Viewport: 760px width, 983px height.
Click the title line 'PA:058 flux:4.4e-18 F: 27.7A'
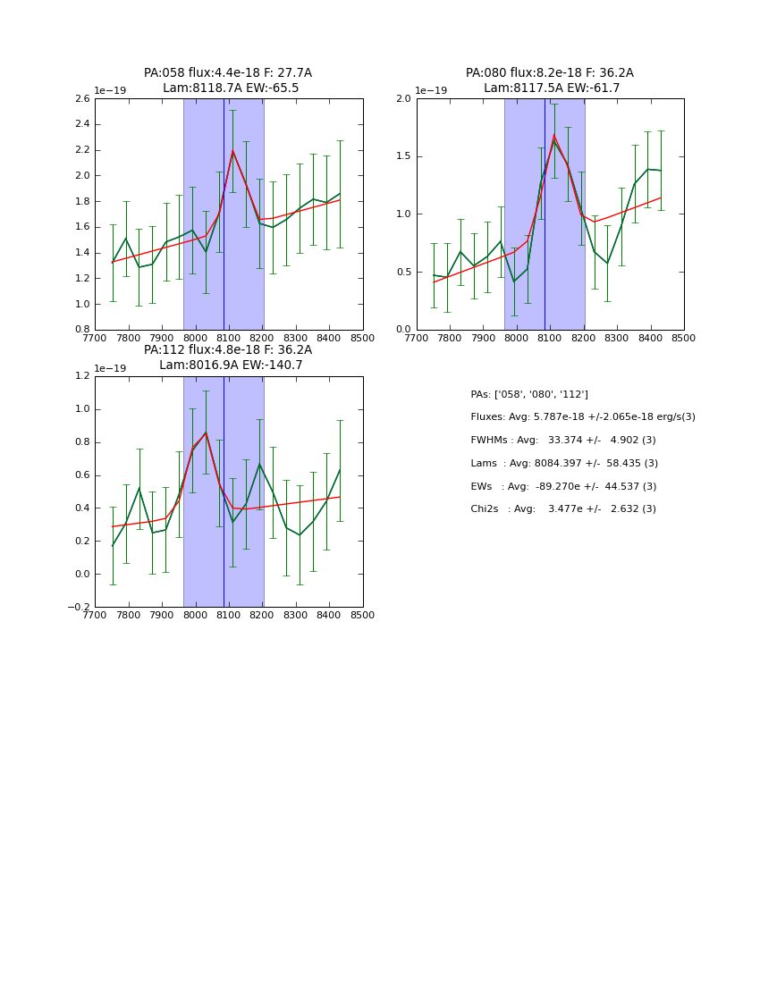[x=228, y=73]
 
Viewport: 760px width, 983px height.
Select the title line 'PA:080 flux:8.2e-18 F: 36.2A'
[x=549, y=73]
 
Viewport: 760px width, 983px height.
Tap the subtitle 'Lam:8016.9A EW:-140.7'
[x=231, y=365]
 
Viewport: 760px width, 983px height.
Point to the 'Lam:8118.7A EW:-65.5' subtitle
[x=231, y=88]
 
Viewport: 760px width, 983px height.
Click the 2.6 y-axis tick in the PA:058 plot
[x=81, y=98]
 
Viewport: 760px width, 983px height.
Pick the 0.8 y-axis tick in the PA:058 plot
[x=81, y=330]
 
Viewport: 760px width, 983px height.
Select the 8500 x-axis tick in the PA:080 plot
[x=683, y=339]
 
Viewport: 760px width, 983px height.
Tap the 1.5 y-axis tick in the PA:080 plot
[x=403, y=156]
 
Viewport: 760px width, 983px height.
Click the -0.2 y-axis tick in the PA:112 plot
[x=79, y=608]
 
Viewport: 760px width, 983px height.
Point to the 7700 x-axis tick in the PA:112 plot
[x=95, y=616]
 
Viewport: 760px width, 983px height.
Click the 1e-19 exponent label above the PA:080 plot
[x=430, y=90]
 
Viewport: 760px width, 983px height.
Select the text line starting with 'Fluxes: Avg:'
[x=582, y=417]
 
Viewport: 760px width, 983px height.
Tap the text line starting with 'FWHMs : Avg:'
[x=562, y=441]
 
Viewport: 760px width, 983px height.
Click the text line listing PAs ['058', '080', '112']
[x=528, y=394]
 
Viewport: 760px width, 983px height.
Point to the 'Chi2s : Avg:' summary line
[x=562, y=509]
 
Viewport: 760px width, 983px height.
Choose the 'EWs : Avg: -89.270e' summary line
[x=562, y=486]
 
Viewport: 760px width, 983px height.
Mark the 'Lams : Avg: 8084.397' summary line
[x=563, y=463]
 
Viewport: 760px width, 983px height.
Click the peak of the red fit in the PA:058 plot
[x=232, y=150]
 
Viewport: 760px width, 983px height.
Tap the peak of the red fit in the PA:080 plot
[x=553, y=136]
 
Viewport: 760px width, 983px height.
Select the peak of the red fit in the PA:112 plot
[x=206, y=433]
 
